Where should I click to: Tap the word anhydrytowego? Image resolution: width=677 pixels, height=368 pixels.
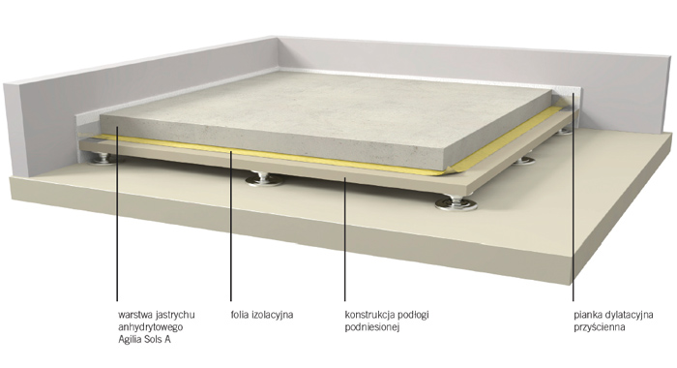(151, 327)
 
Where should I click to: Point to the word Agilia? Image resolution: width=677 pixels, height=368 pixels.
(130, 340)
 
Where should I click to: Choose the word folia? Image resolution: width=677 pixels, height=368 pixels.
(240, 315)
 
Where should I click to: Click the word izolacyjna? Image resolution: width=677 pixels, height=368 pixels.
(273, 315)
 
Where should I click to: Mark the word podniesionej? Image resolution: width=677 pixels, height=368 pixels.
(372, 327)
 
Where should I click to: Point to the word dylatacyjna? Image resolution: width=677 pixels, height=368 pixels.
(629, 315)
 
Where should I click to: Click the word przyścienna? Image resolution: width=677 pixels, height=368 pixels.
(600, 327)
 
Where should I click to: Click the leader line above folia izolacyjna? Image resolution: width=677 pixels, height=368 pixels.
(230, 226)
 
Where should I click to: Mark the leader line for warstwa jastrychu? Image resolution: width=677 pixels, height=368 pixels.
(117, 213)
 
